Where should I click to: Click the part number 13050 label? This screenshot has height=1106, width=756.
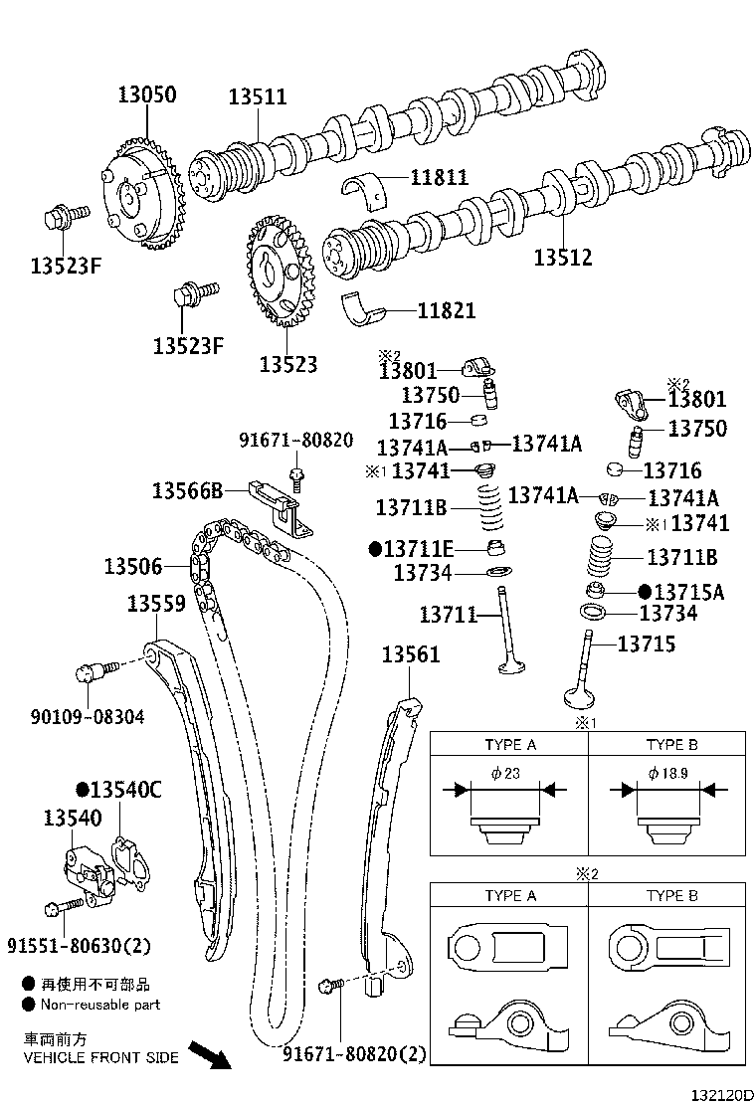pos(146,95)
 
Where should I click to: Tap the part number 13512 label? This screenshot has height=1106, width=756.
pos(562,258)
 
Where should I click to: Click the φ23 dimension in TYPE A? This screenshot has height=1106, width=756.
pos(504,774)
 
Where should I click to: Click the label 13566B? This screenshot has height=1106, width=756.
pos(187,489)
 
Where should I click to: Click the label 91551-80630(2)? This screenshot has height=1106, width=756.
pos(79,944)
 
